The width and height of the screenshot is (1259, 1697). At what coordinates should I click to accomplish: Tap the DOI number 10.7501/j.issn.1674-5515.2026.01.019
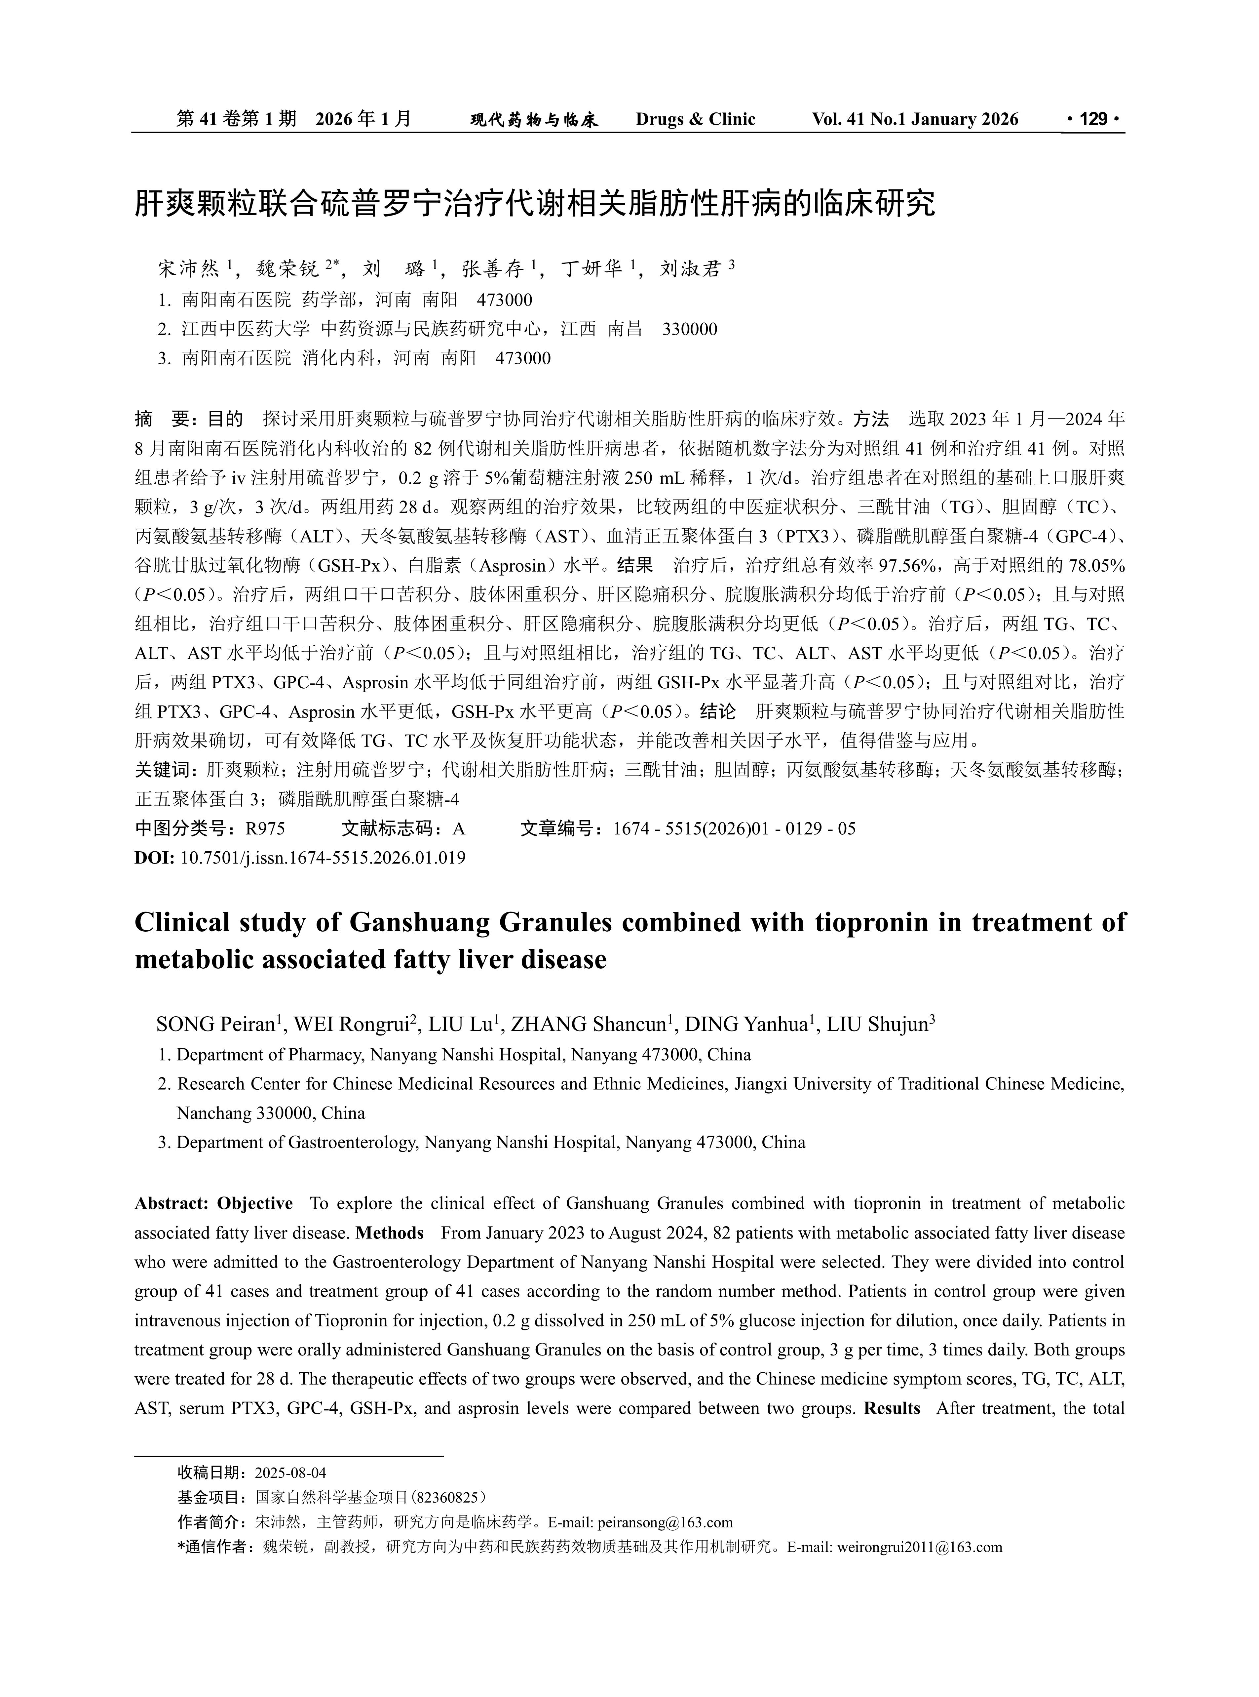[323, 858]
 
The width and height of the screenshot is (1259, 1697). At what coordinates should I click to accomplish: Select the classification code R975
[264, 829]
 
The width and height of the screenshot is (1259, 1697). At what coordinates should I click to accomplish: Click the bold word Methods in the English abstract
[390, 1233]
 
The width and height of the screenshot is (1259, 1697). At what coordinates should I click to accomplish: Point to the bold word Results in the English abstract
[892, 1408]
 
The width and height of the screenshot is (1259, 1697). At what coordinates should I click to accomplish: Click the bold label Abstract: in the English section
[172, 1203]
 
